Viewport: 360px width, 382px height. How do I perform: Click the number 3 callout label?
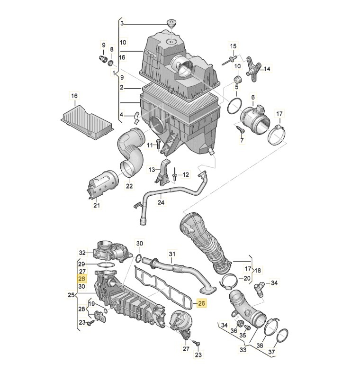pyautogui.click(x=121, y=23)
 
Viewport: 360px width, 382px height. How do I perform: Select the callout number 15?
pyautogui.click(x=233, y=46)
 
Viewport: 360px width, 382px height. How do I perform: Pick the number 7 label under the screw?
pyautogui.click(x=241, y=141)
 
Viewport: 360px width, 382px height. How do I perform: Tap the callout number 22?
pyautogui.click(x=129, y=186)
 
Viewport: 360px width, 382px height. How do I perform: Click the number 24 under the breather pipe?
pyautogui.click(x=161, y=202)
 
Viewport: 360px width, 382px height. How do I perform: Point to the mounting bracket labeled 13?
pyautogui.click(x=162, y=175)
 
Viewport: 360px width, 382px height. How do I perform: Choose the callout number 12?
pyautogui.click(x=186, y=175)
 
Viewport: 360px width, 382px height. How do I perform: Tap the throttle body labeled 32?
pyautogui.click(x=111, y=250)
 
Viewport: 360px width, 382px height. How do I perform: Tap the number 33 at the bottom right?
pyautogui.click(x=243, y=350)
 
